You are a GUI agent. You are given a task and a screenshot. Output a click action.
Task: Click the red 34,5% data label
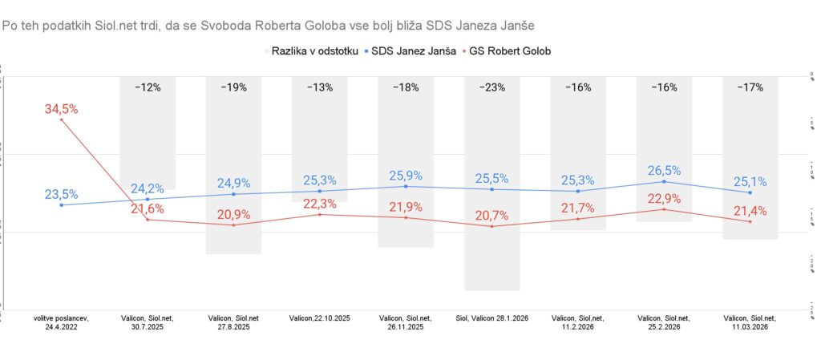pos(62,109)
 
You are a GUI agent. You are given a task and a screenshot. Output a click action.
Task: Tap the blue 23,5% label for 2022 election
pos(62,194)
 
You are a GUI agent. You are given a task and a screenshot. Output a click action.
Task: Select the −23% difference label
pos(491,87)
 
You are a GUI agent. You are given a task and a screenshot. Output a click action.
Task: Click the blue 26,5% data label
pos(664,171)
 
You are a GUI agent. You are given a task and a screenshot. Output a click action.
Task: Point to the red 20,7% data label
pos(491,216)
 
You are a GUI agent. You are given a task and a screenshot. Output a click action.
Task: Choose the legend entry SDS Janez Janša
pos(408,51)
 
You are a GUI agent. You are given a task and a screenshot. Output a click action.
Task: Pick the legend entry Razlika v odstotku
pos(309,51)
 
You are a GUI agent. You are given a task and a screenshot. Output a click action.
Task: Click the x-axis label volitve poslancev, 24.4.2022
pos(62,322)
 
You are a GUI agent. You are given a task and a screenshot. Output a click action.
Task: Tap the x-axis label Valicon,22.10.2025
pos(319,318)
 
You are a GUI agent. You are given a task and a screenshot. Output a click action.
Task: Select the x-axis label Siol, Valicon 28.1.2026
pos(491,318)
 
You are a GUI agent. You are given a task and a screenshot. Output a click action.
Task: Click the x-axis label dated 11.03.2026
pos(750,322)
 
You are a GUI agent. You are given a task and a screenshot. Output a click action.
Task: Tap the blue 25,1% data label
pos(750,182)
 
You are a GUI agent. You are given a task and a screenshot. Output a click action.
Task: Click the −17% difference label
pos(750,87)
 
